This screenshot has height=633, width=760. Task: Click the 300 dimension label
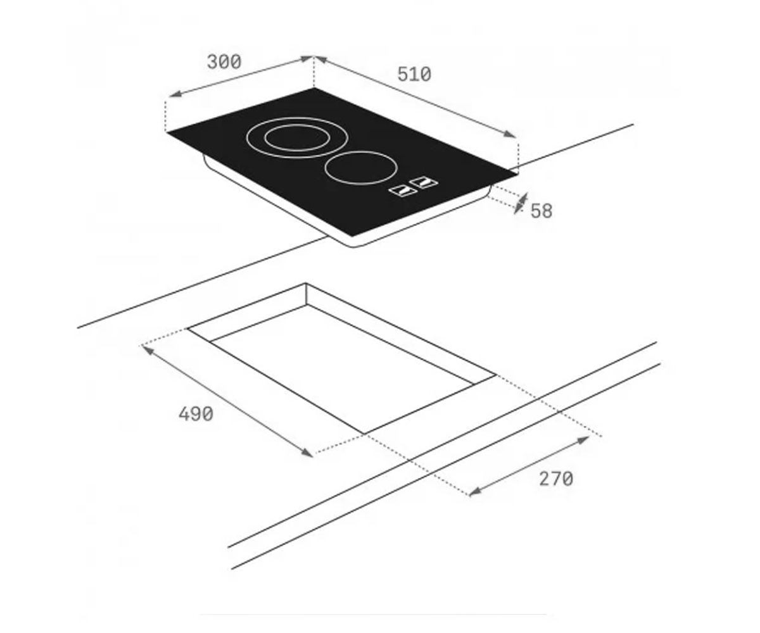(224, 62)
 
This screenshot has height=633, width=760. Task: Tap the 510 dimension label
(414, 75)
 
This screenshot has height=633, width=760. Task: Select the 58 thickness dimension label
(541, 211)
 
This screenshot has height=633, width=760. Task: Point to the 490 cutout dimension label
(196, 414)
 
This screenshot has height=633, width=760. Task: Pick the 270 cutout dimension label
(556, 479)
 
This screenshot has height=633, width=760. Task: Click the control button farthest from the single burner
(403, 191)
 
